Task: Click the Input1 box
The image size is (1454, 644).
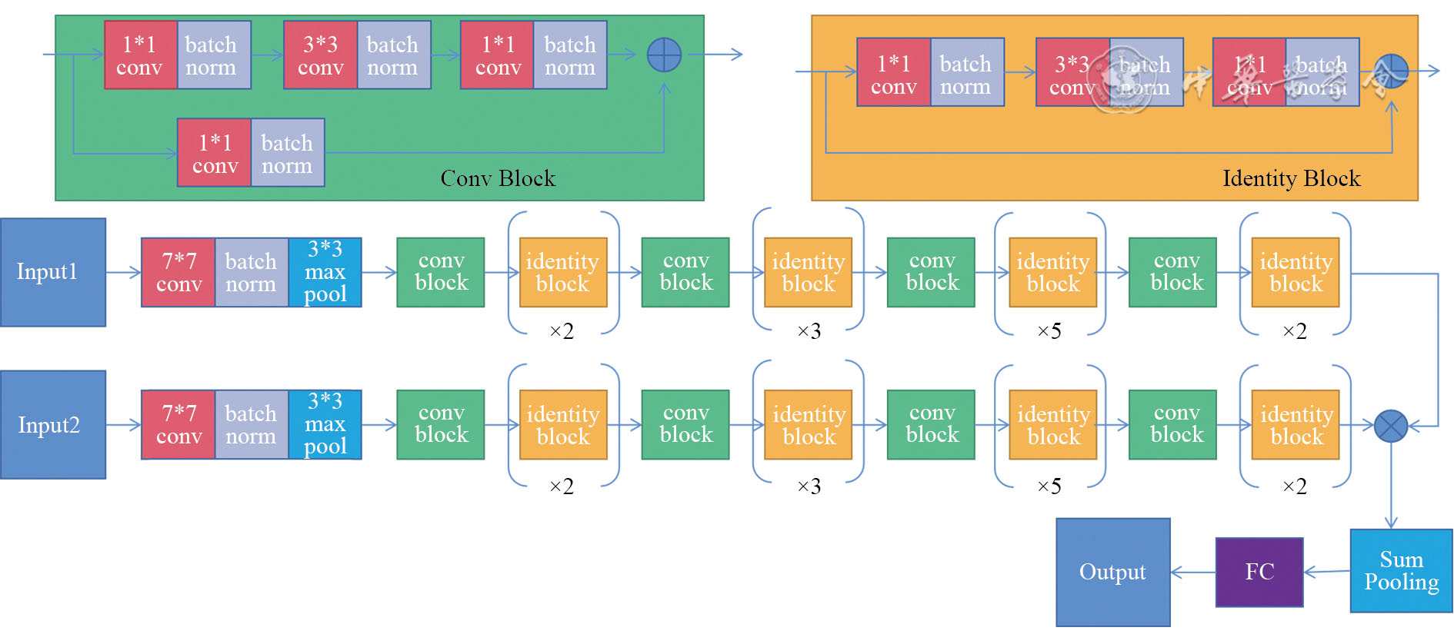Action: pos(52,272)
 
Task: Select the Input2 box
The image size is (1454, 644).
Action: pos(52,425)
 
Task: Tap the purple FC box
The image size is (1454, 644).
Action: pos(1259,572)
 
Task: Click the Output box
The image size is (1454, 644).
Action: pos(1112,572)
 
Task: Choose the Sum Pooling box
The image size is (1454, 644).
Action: pos(1401,571)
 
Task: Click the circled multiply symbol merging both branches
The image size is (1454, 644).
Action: pos(1391,426)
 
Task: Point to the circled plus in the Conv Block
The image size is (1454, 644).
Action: pos(664,55)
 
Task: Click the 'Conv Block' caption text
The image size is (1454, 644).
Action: pos(498,178)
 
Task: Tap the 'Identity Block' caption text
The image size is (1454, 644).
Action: pos(1291,178)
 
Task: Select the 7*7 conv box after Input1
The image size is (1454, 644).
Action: pos(178,273)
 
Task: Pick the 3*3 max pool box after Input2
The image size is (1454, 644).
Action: pos(325,424)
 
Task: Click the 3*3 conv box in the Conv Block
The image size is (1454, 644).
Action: pos(320,55)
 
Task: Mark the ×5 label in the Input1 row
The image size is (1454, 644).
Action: pos(1049,331)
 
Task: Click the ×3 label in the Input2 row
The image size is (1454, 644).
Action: pos(809,486)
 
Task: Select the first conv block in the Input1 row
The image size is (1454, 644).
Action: pos(441,272)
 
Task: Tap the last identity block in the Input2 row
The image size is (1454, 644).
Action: pos(1296,425)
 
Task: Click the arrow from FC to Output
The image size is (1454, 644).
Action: pos(1192,572)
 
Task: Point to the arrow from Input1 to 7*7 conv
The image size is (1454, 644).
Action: pos(123,272)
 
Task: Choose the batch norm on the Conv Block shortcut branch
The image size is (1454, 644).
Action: pos(287,154)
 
